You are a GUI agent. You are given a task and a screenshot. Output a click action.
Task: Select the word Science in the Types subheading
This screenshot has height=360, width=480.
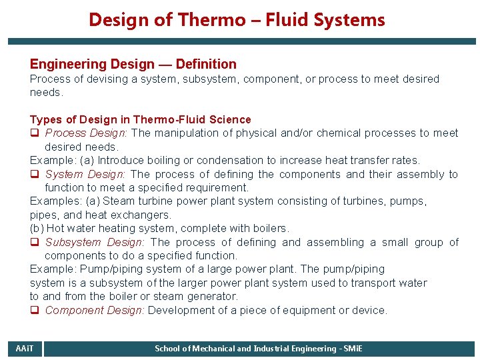230,119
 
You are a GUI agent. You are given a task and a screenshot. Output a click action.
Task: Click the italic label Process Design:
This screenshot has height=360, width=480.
87,133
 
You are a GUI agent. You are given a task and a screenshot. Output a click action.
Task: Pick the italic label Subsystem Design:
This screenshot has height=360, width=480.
96,242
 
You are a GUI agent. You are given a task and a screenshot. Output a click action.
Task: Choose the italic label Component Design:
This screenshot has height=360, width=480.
95,310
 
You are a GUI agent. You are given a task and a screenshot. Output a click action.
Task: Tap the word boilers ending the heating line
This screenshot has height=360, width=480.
270,228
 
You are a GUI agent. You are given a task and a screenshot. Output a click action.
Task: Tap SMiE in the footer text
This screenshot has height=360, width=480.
351,349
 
